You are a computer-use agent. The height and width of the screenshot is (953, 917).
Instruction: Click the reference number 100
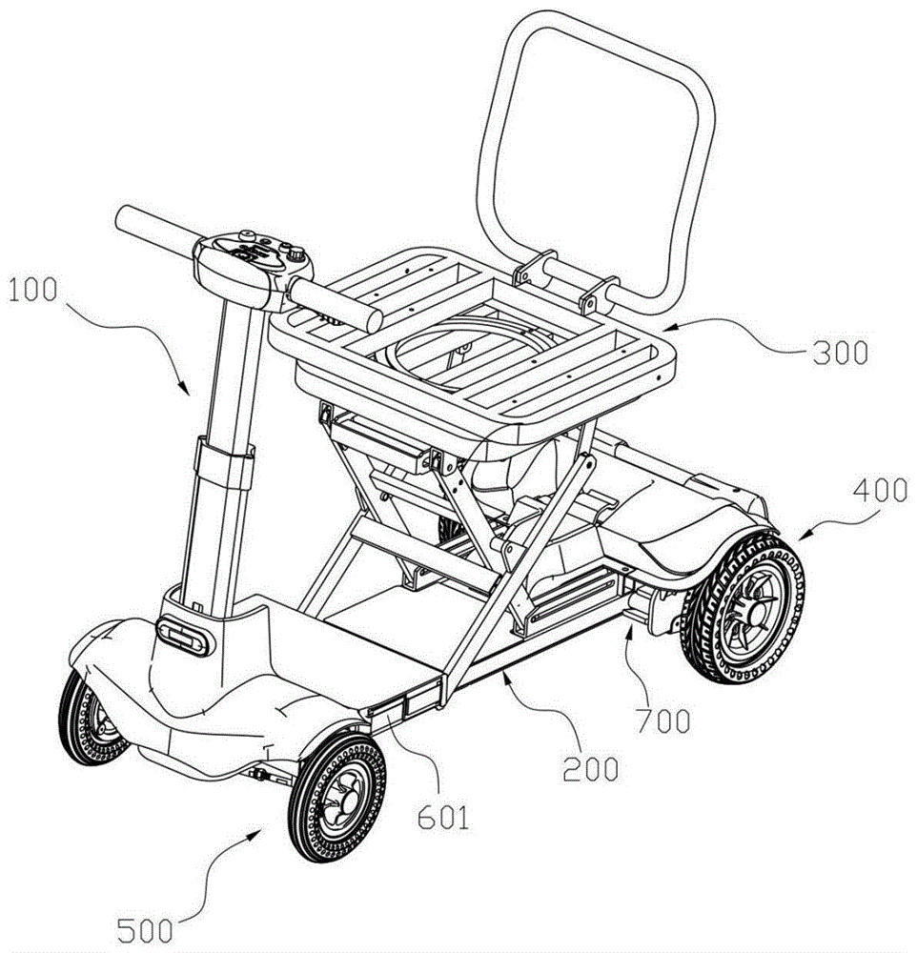pyautogui.click(x=33, y=290)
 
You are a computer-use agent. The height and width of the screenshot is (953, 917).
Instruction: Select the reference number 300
pyautogui.click(x=841, y=353)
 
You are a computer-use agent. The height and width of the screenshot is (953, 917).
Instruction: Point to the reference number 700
pyautogui.click(x=663, y=721)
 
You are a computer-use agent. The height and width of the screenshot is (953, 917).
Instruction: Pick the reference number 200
pyautogui.click(x=590, y=769)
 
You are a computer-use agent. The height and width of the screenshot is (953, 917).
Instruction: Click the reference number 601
pyautogui.click(x=443, y=818)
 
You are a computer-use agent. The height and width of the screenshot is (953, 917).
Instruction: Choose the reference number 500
pyautogui.click(x=145, y=930)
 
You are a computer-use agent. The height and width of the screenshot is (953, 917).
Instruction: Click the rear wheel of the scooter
pyautogui.click(x=744, y=608)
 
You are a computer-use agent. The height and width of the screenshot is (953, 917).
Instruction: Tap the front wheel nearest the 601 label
pyautogui.click(x=336, y=798)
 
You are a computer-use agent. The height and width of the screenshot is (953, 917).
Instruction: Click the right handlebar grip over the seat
pyautogui.click(x=336, y=305)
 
